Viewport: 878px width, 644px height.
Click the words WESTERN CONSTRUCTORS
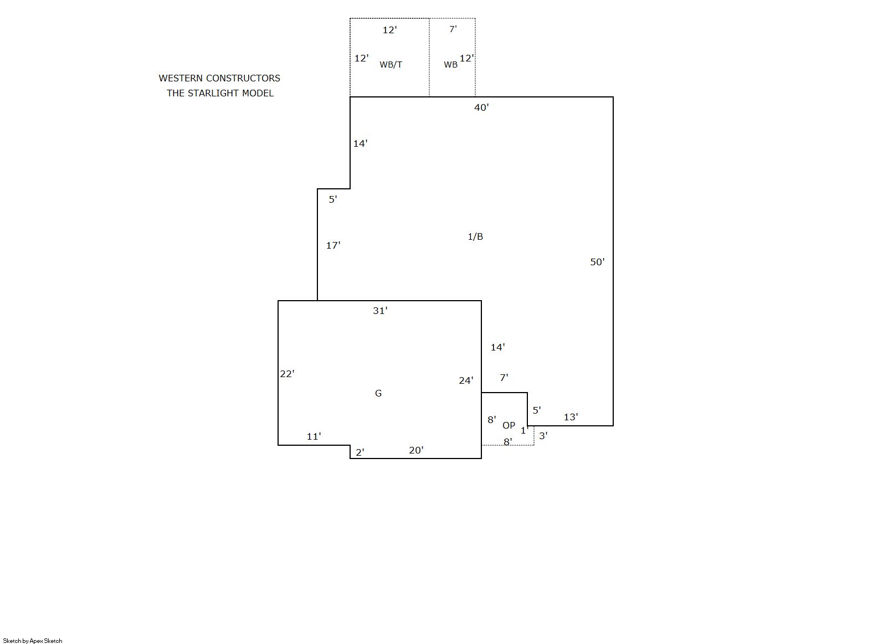click(x=219, y=78)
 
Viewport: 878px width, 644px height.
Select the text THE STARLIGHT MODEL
click(x=220, y=93)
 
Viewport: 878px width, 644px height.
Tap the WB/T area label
click(x=391, y=65)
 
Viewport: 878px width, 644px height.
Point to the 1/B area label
click(x=475, y=236)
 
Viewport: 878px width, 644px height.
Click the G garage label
click(x=378, y=393)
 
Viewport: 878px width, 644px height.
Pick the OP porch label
click(x=509, y=425)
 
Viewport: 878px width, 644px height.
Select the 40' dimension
click(x=481, y=107)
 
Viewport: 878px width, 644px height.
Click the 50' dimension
click(x=597, y=262)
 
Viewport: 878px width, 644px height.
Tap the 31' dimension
click(x=380, y=311)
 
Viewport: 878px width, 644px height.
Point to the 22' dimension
click(x=287, y=374)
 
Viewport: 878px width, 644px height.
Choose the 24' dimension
click(x=466, y=380)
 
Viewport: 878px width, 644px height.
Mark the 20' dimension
click(x=416, y=451)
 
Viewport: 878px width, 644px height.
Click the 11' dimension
click(x=314, y=436)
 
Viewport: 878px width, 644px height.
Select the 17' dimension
click(x=333, y=246)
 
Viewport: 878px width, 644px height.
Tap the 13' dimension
click(x=571, y=417)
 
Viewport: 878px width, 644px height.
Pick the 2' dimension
click(x=360, y=452)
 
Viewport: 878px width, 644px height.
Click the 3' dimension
click(x=543, y=436)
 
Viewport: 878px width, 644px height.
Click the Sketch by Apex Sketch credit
click(x=33, y=641)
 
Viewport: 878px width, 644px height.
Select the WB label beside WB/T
click(x=451, y=65)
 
